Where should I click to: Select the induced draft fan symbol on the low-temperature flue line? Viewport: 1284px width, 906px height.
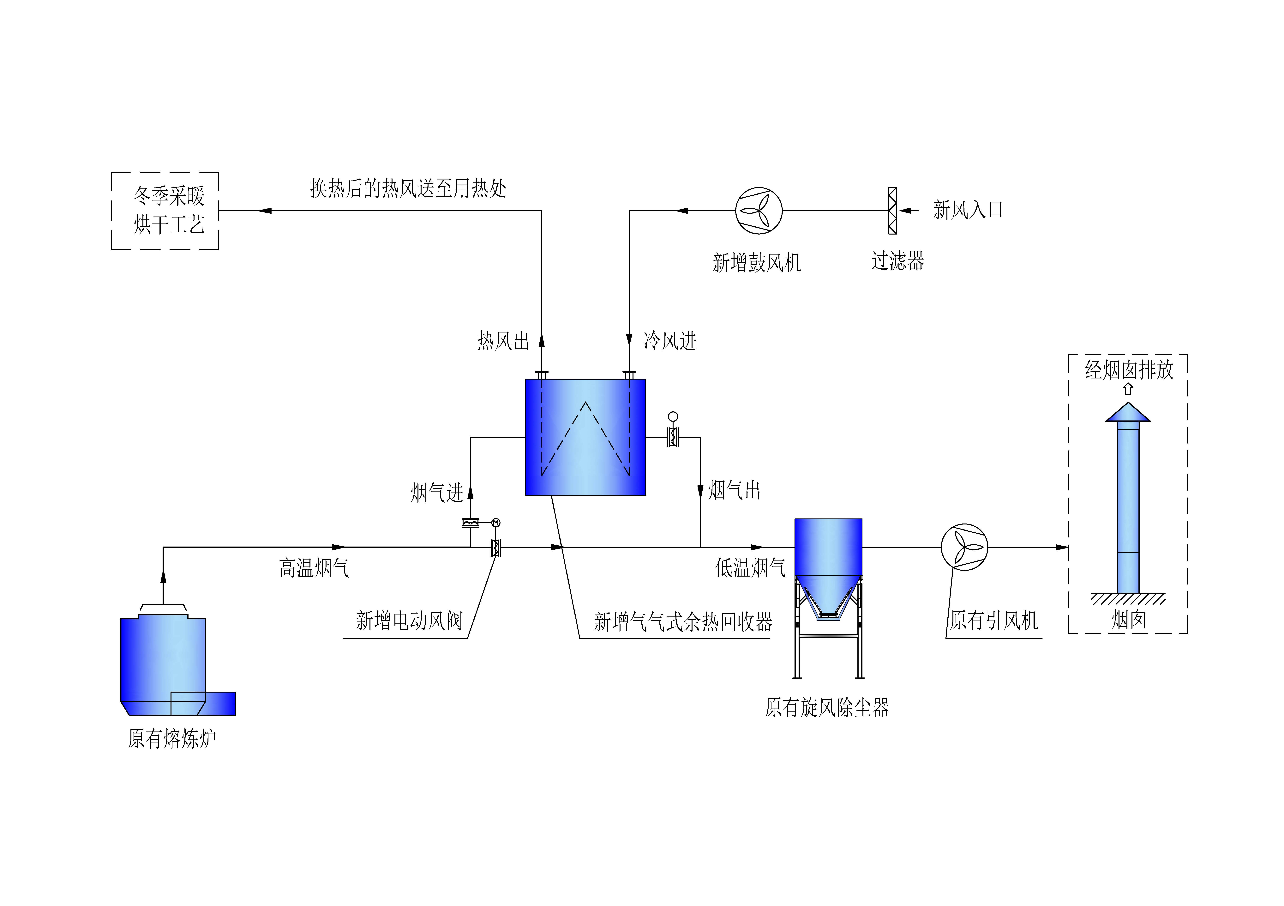click(965, 547)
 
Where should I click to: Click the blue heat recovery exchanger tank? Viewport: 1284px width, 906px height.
click(585, 437)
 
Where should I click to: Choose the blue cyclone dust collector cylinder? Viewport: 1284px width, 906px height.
click(828, 547)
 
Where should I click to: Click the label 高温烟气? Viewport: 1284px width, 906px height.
click(314, 568)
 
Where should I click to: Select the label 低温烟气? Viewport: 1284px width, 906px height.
click(751, 567)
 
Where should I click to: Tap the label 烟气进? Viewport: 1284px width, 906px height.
click(437, 493)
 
